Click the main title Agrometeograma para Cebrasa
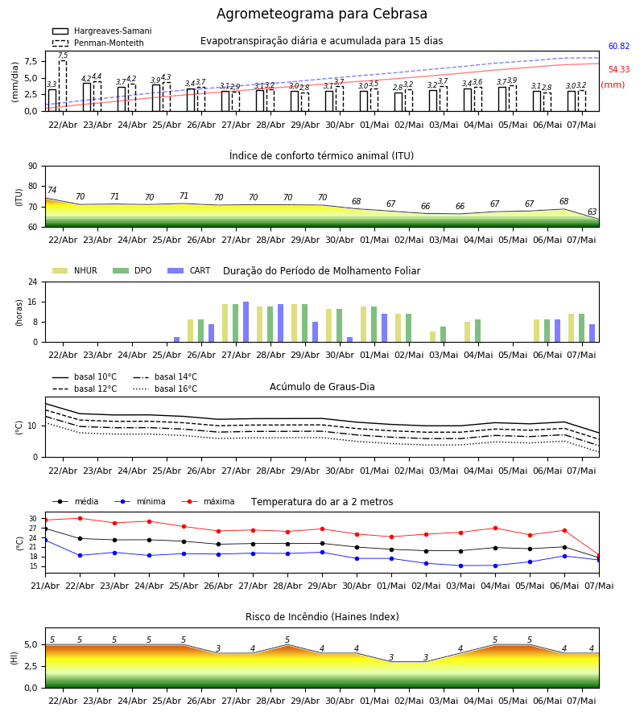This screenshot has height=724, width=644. click(321, 14)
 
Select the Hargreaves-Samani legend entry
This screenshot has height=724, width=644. click(101, 31)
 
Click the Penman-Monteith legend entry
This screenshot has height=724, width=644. click(98, 43)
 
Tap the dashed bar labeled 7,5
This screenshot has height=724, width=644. click(63, 86)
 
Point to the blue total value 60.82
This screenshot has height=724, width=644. click(619, 46)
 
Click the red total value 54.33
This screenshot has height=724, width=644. click(619, 69)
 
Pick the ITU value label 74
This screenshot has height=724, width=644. click(52, 190)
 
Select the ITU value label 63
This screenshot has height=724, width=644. click(592, 212)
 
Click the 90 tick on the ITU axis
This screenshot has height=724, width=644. click(33, 167)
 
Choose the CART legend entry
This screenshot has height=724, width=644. click(189, 270)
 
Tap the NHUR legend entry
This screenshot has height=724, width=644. click(75, 270)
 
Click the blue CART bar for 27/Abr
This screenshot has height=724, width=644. click(246, 323)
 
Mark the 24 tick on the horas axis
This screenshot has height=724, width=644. click(33, 282)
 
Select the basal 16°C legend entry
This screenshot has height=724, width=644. click(165, 389)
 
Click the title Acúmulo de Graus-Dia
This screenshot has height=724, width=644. click(322, 387)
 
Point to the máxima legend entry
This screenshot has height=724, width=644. click(208, 501)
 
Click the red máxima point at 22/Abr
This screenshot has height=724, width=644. click(80, 519)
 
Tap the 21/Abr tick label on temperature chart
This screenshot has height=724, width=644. click(45, 586)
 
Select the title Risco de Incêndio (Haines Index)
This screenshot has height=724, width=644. click(322, 617)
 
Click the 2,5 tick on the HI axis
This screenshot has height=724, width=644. click(31, 666)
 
